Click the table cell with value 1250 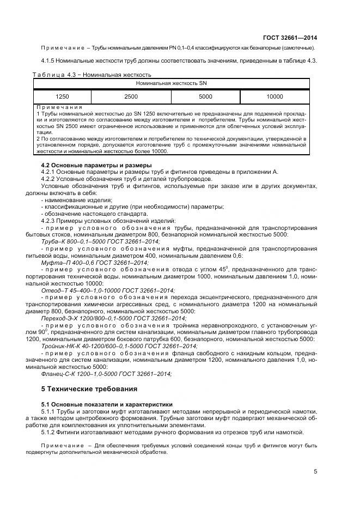[62, 96]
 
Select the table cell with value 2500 [131, 96]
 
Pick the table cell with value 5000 [205, 96]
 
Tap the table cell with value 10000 [275, 96]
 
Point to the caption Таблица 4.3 [57, 74]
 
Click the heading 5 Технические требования [86, 388]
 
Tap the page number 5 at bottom [315, 472]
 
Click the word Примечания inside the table [60, 107]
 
